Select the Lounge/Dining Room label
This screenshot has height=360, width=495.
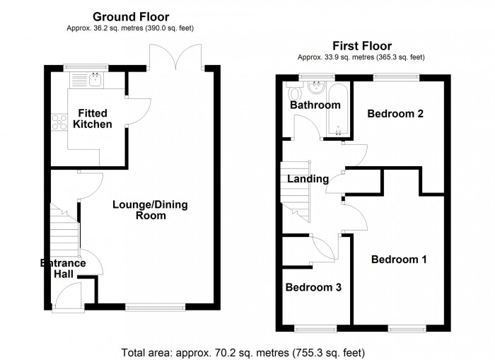coord(151,210)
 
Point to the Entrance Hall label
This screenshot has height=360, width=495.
coord(62,269)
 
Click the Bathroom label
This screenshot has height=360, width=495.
coord(315,105)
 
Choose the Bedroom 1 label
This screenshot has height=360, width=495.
coord(400,260)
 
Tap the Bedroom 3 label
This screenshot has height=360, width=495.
coord(313,287)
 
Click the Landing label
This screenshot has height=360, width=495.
coord(308,179)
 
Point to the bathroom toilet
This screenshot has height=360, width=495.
coord(295,93)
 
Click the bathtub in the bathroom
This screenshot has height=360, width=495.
coord(339,110)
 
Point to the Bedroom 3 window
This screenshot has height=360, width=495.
coord(316,327)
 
